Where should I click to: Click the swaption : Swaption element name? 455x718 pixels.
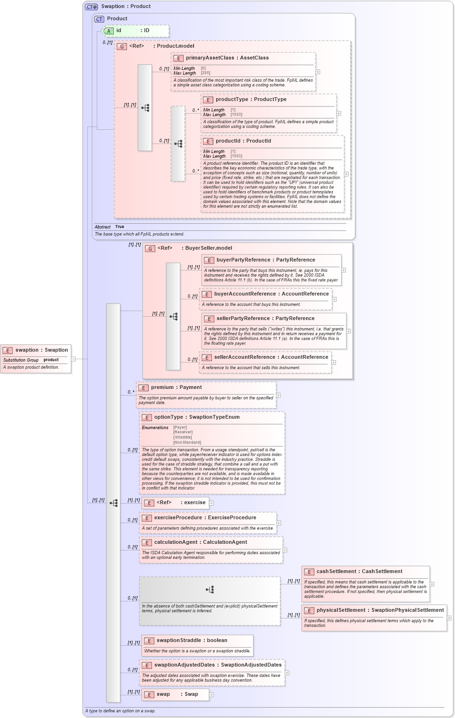(42, 350)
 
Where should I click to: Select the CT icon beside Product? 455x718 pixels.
(99, 19)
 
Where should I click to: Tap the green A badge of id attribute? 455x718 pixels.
(109, 31)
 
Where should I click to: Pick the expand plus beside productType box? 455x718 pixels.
(338, 114)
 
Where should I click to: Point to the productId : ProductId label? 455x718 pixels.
(243, 141)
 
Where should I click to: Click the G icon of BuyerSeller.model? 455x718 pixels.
(150, 248)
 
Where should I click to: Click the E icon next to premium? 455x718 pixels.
(143, 388)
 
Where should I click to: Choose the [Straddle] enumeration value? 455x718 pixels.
(183, 437)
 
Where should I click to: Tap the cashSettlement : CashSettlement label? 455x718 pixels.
(359, 572)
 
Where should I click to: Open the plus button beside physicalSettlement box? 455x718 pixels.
(449, 617)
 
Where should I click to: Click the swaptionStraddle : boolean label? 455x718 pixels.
(192, 641)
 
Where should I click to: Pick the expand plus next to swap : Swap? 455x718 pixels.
(211, 694)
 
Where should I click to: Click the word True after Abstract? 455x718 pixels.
(119, 227)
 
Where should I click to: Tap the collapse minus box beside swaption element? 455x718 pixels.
(73, 359)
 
